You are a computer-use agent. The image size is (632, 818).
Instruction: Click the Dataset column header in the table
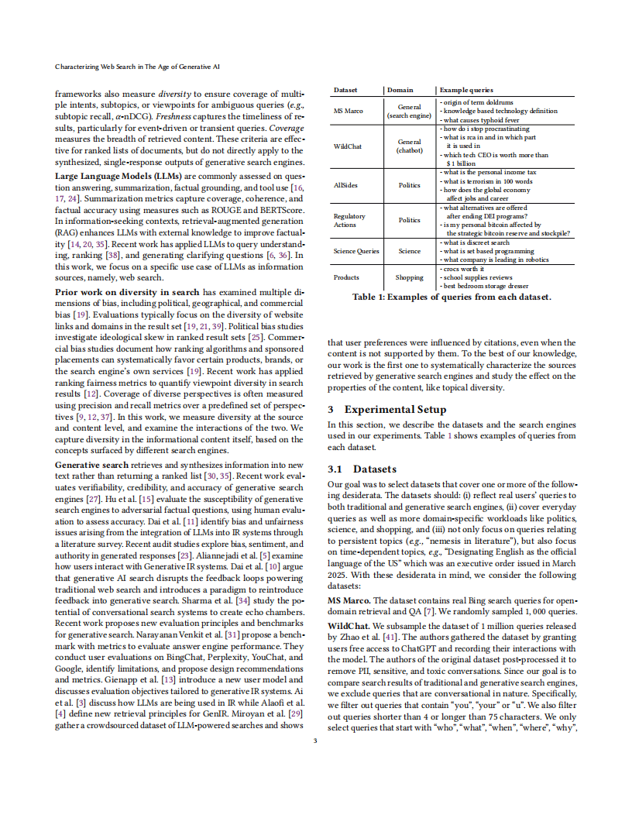345,91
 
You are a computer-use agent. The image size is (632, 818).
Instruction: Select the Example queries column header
466,91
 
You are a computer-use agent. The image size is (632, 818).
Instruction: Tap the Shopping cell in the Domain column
409,277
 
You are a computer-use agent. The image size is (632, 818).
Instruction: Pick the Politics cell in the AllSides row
409,186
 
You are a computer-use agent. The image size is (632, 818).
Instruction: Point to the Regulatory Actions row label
349,220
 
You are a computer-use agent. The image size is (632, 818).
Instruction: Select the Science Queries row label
356,251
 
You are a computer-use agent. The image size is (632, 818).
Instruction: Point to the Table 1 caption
452,297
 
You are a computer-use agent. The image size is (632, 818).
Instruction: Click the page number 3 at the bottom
315,741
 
